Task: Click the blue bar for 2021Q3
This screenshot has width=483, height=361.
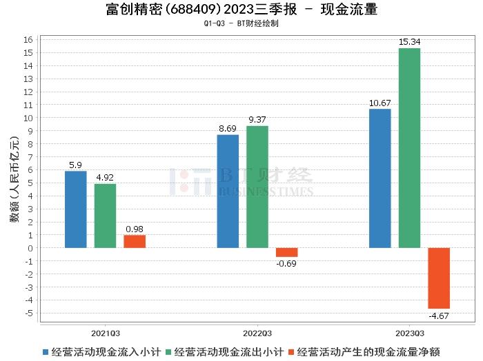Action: point(76,209)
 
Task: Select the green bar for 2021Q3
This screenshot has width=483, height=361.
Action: point(105,216)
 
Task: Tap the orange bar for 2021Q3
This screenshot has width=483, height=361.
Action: point(135,241)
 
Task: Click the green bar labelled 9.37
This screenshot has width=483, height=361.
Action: point(257,187)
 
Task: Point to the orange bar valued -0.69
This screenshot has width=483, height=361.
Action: point(287,252)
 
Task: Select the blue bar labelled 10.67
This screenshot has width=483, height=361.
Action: point(380,178)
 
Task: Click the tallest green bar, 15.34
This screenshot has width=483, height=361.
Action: point(409,148)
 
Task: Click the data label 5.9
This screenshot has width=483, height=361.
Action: point(76,165)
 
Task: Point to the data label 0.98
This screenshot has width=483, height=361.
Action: point(135,229)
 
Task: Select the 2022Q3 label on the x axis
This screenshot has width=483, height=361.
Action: point(257,331)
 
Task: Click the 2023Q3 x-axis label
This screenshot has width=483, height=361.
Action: point(409,331)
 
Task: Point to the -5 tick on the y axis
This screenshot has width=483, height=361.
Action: point(28,313)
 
